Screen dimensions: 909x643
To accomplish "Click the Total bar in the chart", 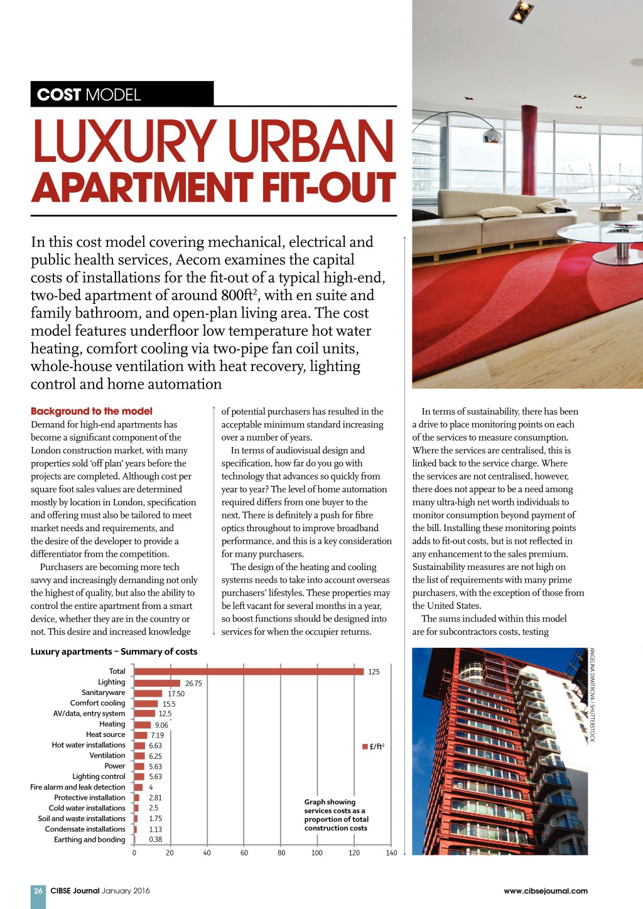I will click(249, 671).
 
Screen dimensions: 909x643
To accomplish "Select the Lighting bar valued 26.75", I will click(157, 682).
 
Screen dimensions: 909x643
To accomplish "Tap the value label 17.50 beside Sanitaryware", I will click(176, 694).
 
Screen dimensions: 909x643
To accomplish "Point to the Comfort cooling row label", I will click(97, 703).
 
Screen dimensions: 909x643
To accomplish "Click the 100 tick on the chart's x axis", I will click(317, 853).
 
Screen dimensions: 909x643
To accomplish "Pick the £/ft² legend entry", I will click(374, 746).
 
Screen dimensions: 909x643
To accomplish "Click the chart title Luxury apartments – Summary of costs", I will click(114, 652).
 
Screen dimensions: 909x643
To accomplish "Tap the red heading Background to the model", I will click(92, 411).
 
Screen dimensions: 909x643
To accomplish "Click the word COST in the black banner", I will click(59, 95).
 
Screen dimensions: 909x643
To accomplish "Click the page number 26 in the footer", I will click(38, 891).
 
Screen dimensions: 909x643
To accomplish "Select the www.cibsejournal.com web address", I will click(545, 891).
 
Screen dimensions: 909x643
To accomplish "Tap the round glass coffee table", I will click(603, 235).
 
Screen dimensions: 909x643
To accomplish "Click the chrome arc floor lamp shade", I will click(492, 135).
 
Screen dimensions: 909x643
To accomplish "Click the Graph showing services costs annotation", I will click(336, 815).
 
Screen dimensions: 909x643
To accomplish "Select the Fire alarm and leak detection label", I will click(78, 787).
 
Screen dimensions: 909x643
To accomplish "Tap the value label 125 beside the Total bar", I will click(374, 672).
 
